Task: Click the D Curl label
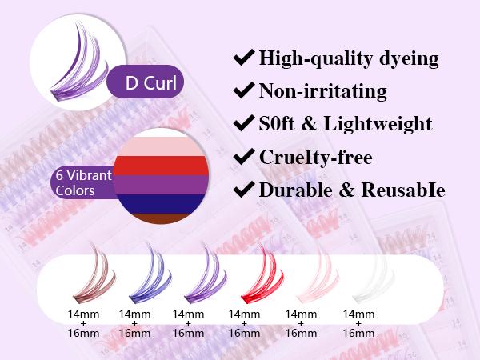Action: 151,82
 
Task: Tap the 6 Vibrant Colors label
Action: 83,183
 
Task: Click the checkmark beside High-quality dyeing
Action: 244,57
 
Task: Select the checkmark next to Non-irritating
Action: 244,90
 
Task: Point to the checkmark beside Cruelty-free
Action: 244,157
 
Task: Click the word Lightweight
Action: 378,124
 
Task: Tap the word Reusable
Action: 403,190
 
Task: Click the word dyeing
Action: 409,58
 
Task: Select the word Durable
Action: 296,190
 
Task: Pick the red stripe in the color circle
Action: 162,166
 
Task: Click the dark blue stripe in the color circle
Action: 162,204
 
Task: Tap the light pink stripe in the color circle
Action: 162,146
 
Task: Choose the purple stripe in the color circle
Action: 162,185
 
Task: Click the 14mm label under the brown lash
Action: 83,314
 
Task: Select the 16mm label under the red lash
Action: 244,333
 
